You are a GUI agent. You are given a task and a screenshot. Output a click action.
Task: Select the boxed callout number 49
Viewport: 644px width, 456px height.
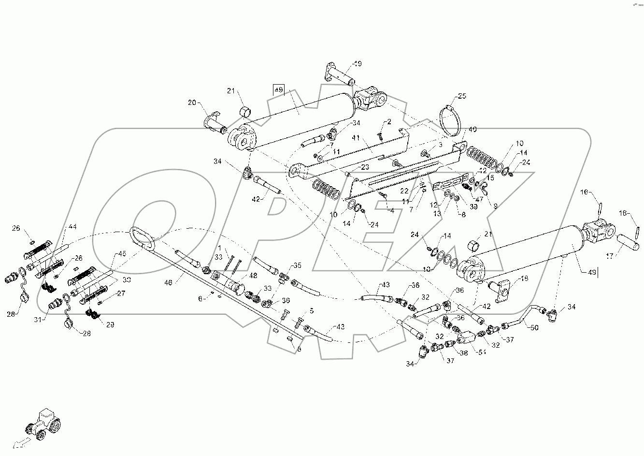coord(278,90)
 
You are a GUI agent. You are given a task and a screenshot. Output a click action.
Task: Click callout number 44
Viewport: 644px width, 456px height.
coord(72,226)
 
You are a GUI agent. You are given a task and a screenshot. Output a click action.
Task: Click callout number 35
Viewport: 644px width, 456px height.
coord(298,265)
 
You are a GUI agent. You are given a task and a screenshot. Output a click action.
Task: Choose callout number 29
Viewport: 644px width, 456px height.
coord(110,325)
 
